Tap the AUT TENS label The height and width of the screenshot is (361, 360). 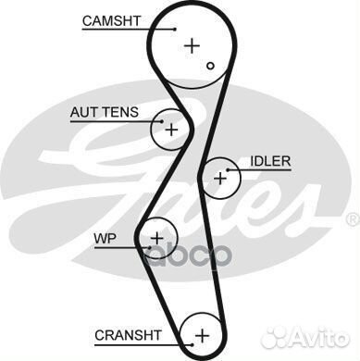(x=105, y=112)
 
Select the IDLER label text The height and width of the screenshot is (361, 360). (x=270, y=161)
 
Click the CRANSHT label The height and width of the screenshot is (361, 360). (x=128, y=333)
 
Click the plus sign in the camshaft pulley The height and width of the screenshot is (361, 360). (x=192, y=44)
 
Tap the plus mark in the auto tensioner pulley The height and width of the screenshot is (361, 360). (x=170, y=130)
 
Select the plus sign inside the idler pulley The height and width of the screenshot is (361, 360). (x=219, y=178)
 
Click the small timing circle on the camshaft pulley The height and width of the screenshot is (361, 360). (x=211, y=65)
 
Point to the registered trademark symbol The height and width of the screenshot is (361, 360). (x=351, y=219)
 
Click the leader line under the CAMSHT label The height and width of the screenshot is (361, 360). (x=116, y=29)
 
